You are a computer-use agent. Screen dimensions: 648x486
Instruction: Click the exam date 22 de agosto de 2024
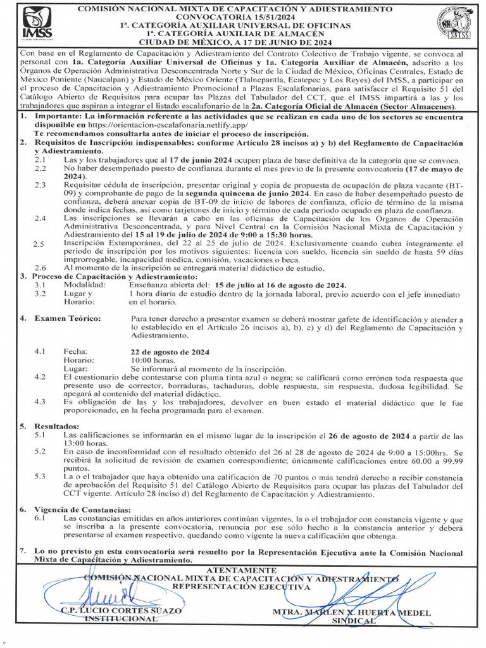170,351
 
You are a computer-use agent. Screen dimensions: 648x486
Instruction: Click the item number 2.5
39,244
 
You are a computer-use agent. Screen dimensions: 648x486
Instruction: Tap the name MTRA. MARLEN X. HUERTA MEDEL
352,613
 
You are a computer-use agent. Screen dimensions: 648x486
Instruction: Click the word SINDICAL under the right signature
354,621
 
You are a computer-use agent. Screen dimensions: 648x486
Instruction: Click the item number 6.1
39,518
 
